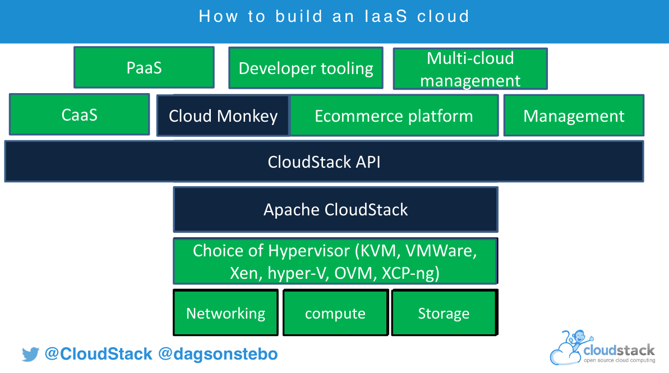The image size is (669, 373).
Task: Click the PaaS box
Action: click(x=144, y=67)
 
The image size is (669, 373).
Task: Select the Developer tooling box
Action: click(x=306, y=68)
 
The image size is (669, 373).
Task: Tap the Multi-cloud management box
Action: click(x=470, y=68)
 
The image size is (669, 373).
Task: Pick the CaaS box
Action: click(x=80, y=114)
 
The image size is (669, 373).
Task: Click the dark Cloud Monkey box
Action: click(x=223, y=116)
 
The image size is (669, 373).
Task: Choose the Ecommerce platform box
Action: click(x=394, y=116)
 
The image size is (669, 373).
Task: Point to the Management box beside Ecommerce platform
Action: click(x=574, y=116)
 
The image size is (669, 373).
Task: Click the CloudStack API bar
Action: click(x=324, y=162)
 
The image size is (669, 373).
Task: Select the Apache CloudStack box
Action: click(x=335, y=210)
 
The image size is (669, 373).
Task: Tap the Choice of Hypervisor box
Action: click(x=335, y=261)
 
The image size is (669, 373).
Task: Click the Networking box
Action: click(x=225, y=313)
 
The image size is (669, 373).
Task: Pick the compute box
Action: click(x=335, y=313)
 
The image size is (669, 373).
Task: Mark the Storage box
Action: click(x=444, y=313)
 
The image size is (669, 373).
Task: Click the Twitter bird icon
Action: click(x=30, y=354)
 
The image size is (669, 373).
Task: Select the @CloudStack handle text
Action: click(x=98, y=354)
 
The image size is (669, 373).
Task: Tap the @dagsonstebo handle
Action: click(x=218, y=354)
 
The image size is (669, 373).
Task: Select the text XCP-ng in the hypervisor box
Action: click(x=410, y=274)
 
